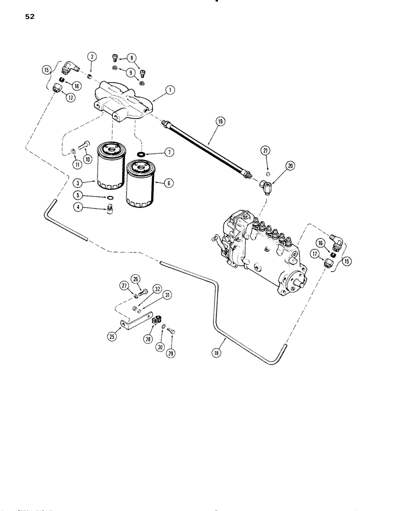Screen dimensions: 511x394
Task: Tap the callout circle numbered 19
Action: point(220,122)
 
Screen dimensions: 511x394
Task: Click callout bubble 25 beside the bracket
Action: point(112,336)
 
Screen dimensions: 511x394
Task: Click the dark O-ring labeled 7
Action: point(140,152)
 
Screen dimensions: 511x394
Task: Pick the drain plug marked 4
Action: point(108,209)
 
